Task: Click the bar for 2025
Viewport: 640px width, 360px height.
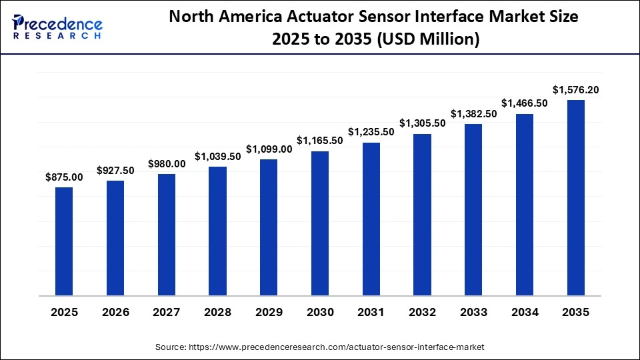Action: [64, 241]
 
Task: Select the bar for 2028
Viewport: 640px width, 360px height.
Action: [217, 231]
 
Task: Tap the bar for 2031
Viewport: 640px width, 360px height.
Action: [371, 219]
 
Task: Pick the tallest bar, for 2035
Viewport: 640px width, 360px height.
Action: [575, 197]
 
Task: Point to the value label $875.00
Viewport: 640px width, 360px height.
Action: [64, 177]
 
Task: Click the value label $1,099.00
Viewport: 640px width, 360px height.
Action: [269, 149]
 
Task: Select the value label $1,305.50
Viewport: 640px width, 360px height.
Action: [422, 123]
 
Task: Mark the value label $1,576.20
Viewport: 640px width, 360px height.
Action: [575, 89]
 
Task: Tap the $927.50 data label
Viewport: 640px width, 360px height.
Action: [115, 171]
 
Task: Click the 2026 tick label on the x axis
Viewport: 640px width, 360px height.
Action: [115, 313]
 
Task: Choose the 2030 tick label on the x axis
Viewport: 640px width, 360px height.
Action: [320, 313]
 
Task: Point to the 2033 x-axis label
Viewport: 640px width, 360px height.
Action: [473, 313]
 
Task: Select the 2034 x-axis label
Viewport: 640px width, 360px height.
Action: [525, 313]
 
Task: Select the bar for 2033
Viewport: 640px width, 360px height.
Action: [473, 209]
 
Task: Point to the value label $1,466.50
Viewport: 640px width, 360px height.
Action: [525, 103]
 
